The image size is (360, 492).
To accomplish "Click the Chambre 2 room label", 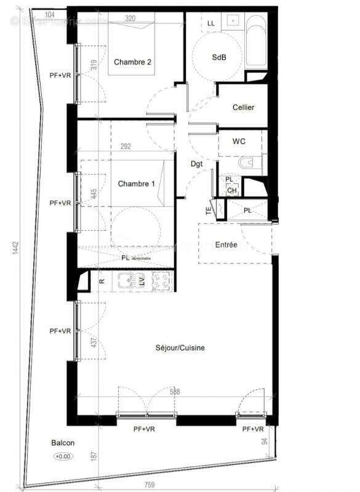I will (132, 61).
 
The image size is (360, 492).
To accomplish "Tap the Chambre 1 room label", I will (136, 183).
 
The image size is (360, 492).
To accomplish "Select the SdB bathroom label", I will (218, 57).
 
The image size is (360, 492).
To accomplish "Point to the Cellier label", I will (243, 108).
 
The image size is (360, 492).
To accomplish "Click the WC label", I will (239, 141).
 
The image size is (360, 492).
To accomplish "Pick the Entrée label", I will (226, 244).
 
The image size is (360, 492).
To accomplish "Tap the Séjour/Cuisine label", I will (180, 348).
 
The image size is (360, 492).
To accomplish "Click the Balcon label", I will (63, 443).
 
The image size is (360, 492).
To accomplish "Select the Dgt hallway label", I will (196, 164).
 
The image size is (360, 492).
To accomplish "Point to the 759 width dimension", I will (149, 485).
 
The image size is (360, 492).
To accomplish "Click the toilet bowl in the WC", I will (247, 164).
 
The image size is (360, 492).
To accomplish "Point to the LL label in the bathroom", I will (211, 23).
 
